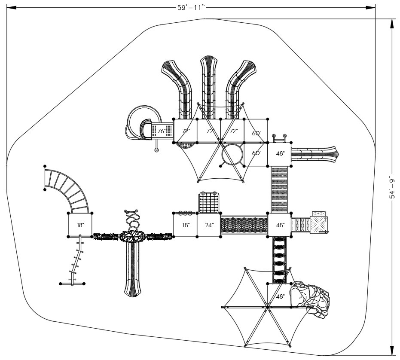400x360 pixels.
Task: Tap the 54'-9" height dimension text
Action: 392,187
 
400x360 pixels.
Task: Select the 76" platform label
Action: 162,131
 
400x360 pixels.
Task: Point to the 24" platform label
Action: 209,225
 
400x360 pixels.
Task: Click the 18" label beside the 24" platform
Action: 185,225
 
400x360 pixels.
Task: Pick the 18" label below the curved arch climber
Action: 80,225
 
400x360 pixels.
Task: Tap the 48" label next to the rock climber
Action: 280,296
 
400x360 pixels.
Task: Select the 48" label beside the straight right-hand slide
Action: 280,153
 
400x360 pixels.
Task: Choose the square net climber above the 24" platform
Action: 209,202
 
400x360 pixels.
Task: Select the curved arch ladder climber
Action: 67,189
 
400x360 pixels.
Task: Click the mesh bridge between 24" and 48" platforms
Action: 244,225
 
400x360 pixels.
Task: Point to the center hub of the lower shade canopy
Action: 267,308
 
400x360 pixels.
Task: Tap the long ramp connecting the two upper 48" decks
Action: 280,189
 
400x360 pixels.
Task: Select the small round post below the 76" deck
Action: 157,150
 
